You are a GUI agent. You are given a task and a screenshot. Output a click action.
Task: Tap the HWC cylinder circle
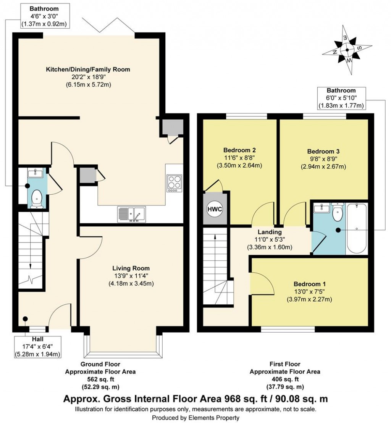point(215,210)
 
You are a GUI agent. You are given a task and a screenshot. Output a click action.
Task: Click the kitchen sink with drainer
point(131,214)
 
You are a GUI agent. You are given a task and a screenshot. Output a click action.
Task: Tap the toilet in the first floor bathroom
point(338,212)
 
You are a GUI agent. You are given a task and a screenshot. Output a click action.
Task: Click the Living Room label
point(131,268)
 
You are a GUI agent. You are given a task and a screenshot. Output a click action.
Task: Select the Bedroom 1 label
point(310,284)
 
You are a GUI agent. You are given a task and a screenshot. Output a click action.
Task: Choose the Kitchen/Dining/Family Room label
point(88,69)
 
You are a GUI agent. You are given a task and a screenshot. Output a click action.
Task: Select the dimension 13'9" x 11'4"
point(131,276)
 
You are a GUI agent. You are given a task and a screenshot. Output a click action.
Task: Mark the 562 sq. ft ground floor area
point(100,379)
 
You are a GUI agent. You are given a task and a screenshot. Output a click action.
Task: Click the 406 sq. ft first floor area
point(285,379)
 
